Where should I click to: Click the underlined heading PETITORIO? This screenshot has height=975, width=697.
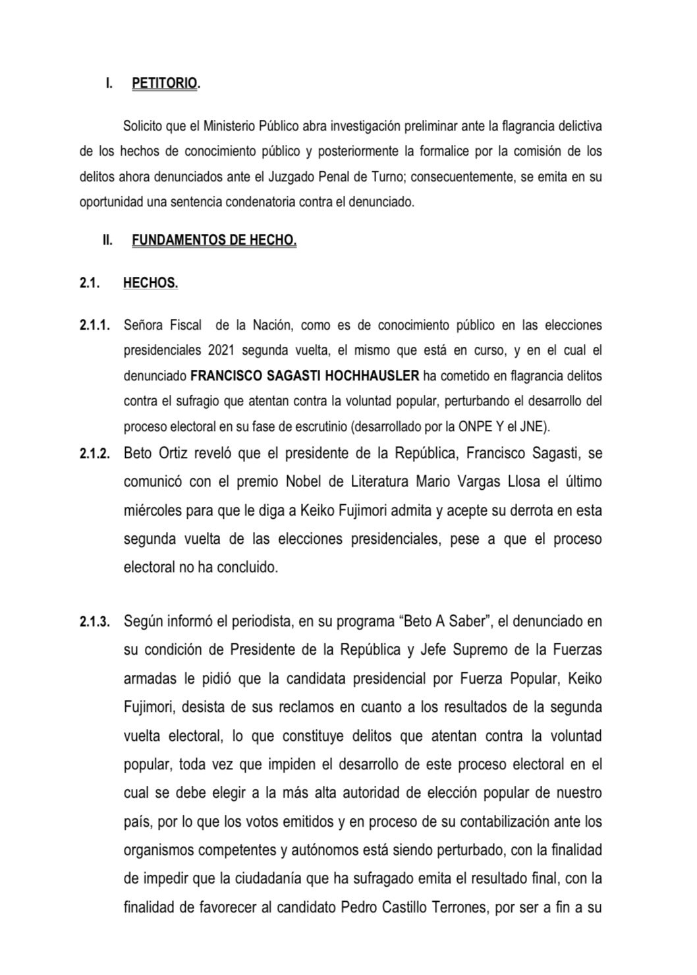tap(165, 84)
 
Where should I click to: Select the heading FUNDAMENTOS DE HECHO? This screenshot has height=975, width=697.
tap(214, 241)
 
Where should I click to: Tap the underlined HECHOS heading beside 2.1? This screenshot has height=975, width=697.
tap(150, 283)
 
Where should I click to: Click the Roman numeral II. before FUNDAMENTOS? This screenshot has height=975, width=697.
tap(107, 241)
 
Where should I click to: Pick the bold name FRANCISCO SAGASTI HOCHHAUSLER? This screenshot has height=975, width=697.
tap(304, 376)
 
